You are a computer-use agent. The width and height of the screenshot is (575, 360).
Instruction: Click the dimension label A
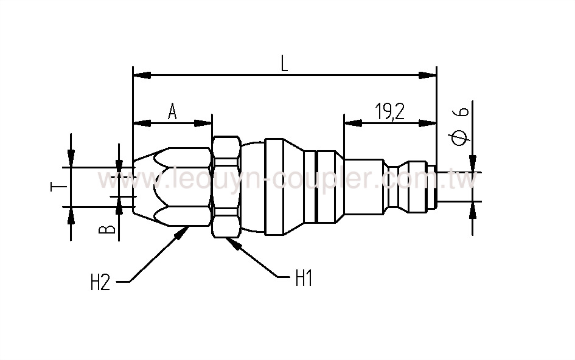tap(172, 112)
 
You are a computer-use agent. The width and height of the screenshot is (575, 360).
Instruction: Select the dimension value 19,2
tap(390, 112)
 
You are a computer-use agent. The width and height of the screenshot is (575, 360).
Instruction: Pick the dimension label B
tap(107, 228)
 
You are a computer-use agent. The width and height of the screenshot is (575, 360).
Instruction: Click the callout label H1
tap(304, 279)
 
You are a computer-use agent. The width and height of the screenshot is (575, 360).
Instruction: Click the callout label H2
tap(100, 283)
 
